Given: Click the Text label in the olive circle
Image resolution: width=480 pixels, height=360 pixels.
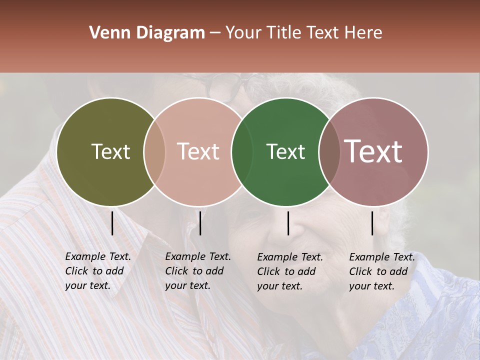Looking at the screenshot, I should coord(110,151).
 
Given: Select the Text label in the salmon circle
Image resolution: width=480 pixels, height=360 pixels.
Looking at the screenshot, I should coord(198,151).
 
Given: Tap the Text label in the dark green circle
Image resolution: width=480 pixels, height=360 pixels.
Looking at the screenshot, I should coord(285,151).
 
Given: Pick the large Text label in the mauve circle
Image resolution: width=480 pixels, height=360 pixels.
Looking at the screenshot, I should coord(373,151).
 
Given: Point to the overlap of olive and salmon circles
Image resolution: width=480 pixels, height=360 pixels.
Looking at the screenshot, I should coord(154,151).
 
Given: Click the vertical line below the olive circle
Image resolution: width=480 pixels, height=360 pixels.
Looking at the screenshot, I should coord(112,223).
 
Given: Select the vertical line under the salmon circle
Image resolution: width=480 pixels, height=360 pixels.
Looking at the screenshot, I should coord(200,223).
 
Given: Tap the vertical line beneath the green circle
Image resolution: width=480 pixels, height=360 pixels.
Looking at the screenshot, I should coord(288,223).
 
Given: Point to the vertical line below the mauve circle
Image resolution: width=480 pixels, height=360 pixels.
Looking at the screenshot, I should coord(372,223).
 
